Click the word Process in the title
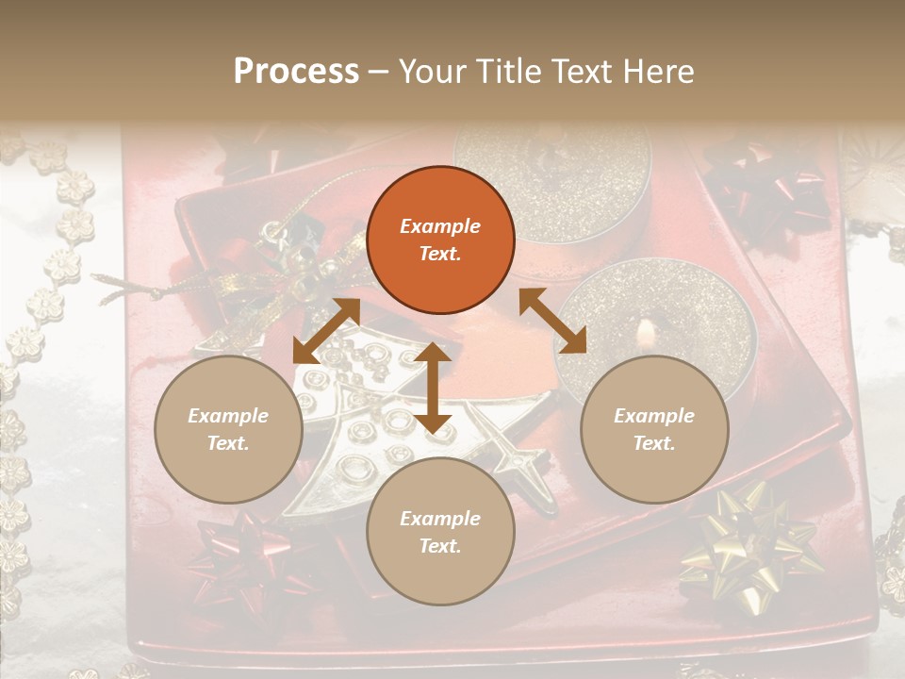(x=296, y=72)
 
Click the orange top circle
(x=440, y=240)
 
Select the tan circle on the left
(x=228, y=430)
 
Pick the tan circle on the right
(x=654, y=430)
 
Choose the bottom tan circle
(x=440, y=532)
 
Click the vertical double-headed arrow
(x=433, y=388)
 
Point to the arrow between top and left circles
(x=326, y=331)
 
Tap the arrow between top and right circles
(x=552, y=321)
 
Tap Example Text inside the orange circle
(x=440, y=240)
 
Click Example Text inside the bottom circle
(x=440, y=532)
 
